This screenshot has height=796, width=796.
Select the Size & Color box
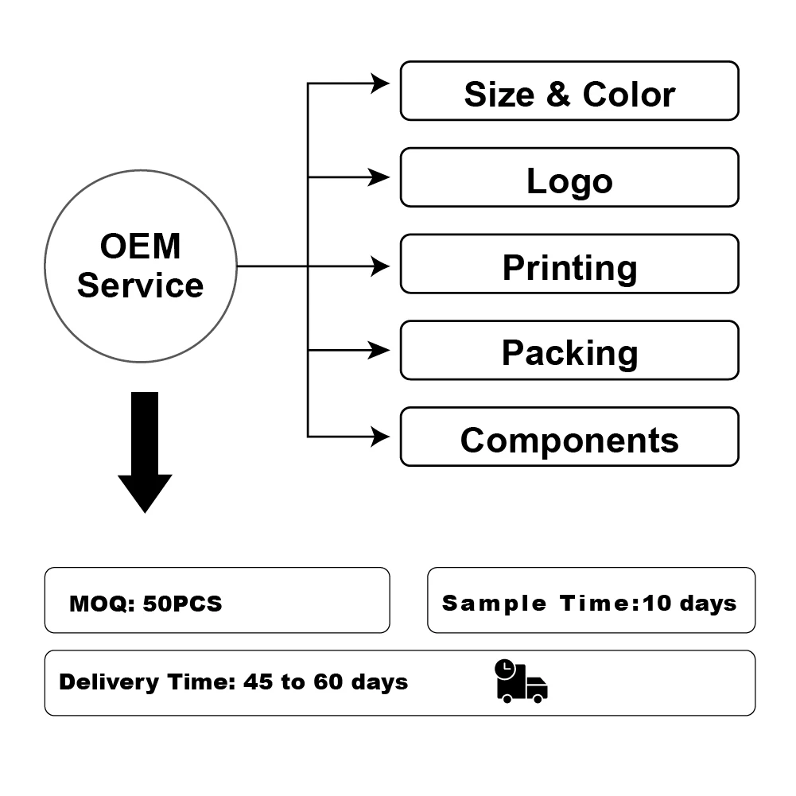[569, 91]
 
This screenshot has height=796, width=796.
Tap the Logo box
[569, 177]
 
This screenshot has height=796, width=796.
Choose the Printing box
[569, 264]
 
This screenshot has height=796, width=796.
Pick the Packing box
[569, 351]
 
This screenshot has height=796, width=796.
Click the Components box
[569, 437]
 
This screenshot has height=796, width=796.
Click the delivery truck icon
[521, 681]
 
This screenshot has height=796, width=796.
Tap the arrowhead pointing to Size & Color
[380, 82]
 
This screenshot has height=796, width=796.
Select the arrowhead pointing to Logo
[380, 177]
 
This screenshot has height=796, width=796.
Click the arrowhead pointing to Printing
[380, 266]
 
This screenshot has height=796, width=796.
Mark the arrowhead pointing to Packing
[380, 350]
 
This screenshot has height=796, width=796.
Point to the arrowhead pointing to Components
[380, 436]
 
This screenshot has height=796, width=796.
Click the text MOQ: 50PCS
[146, 604]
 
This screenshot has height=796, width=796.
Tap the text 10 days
[689, 603]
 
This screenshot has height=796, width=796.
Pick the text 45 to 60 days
[326, 682]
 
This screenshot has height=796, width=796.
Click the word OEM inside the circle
[141, 247]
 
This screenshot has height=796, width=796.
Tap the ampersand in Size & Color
[558, 95]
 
